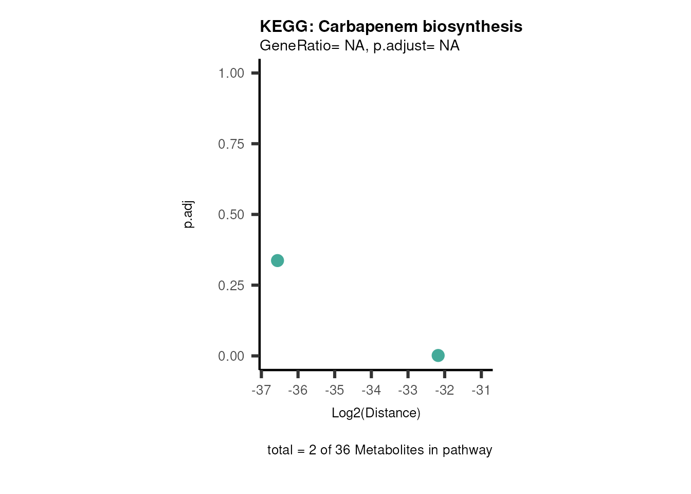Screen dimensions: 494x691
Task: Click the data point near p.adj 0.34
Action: [277, 260]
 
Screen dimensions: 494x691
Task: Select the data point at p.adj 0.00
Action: [438, 355]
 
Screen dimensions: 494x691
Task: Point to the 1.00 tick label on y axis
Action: [231, 73]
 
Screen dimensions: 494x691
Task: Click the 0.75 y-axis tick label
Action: [231, 144]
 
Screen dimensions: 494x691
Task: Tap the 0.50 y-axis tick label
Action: [231, 215]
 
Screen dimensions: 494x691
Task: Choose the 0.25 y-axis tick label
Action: [231, 286]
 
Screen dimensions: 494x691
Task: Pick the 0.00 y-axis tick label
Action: [231, 356]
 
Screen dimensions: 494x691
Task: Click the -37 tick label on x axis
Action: [261, 391]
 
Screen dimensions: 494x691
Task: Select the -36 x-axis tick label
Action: [298, 391]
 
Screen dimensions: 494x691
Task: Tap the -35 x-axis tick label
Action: [334, 391]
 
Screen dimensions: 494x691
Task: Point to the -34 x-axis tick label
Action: [371, 391]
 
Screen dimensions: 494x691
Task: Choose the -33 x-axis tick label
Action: [408, 391]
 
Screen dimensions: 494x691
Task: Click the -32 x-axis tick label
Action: [444, 391]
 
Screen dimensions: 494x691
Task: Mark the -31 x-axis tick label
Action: [481, 391]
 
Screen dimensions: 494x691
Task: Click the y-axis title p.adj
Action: [189, 215]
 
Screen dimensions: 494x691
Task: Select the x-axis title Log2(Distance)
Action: [376, 413]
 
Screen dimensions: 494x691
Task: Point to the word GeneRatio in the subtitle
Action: [295, 46]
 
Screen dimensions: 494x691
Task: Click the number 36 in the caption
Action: [342, 450]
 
